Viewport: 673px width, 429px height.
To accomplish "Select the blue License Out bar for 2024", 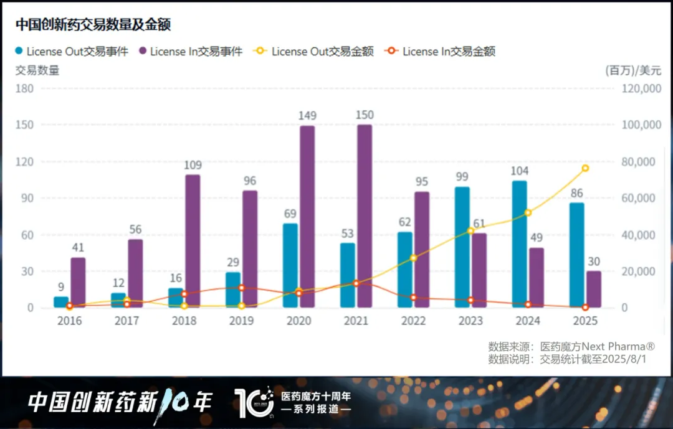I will click(519, 244).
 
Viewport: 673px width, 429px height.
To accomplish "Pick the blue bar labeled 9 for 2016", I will click(60, 302).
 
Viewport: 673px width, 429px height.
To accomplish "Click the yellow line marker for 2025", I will click(585, 168).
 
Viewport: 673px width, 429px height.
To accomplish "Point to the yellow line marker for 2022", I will click(413, 258).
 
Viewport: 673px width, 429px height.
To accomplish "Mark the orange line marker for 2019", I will click(241, 288).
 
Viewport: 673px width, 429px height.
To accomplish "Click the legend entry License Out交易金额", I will click(322, 52).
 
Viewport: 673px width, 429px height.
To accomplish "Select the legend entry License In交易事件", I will click(196, 52).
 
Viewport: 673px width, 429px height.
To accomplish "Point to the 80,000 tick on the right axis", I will click(642, 162).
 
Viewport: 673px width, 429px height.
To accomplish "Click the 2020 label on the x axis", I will click(298, 321).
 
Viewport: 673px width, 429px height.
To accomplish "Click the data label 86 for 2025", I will click(576, 194).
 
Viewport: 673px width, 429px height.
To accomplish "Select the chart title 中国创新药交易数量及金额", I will click(93, 24).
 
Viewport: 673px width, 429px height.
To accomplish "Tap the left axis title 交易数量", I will click(37, 70).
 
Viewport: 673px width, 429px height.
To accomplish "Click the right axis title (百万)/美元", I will click(633, 70).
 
